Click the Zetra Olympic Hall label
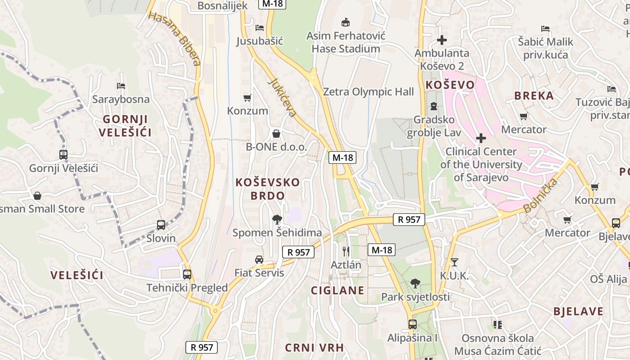(x=368, y=92)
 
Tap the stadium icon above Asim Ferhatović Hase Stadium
(x=346, y=22)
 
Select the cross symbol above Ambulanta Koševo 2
(x=442, y=40)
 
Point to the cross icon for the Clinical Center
(x=481, y=138)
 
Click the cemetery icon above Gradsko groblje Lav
(x=433, y=106)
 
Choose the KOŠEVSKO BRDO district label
(x=268, y=189)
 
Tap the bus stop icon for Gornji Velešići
(x=63, y=155)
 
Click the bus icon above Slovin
(x=161, y=225)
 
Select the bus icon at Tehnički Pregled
(x=187, y=274)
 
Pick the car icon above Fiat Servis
(x=259, y=259)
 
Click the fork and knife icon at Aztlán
(x=346, y=251)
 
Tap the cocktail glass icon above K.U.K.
(x=454, y=262)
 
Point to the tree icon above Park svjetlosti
(x=415, y=283)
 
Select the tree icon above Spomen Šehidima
(x=277, y=219)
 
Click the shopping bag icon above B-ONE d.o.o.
(x=276, y=134)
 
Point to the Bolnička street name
(x=541, y=195)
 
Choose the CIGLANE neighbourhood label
(x=337, y=290)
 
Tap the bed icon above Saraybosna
(x=121, y=85)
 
